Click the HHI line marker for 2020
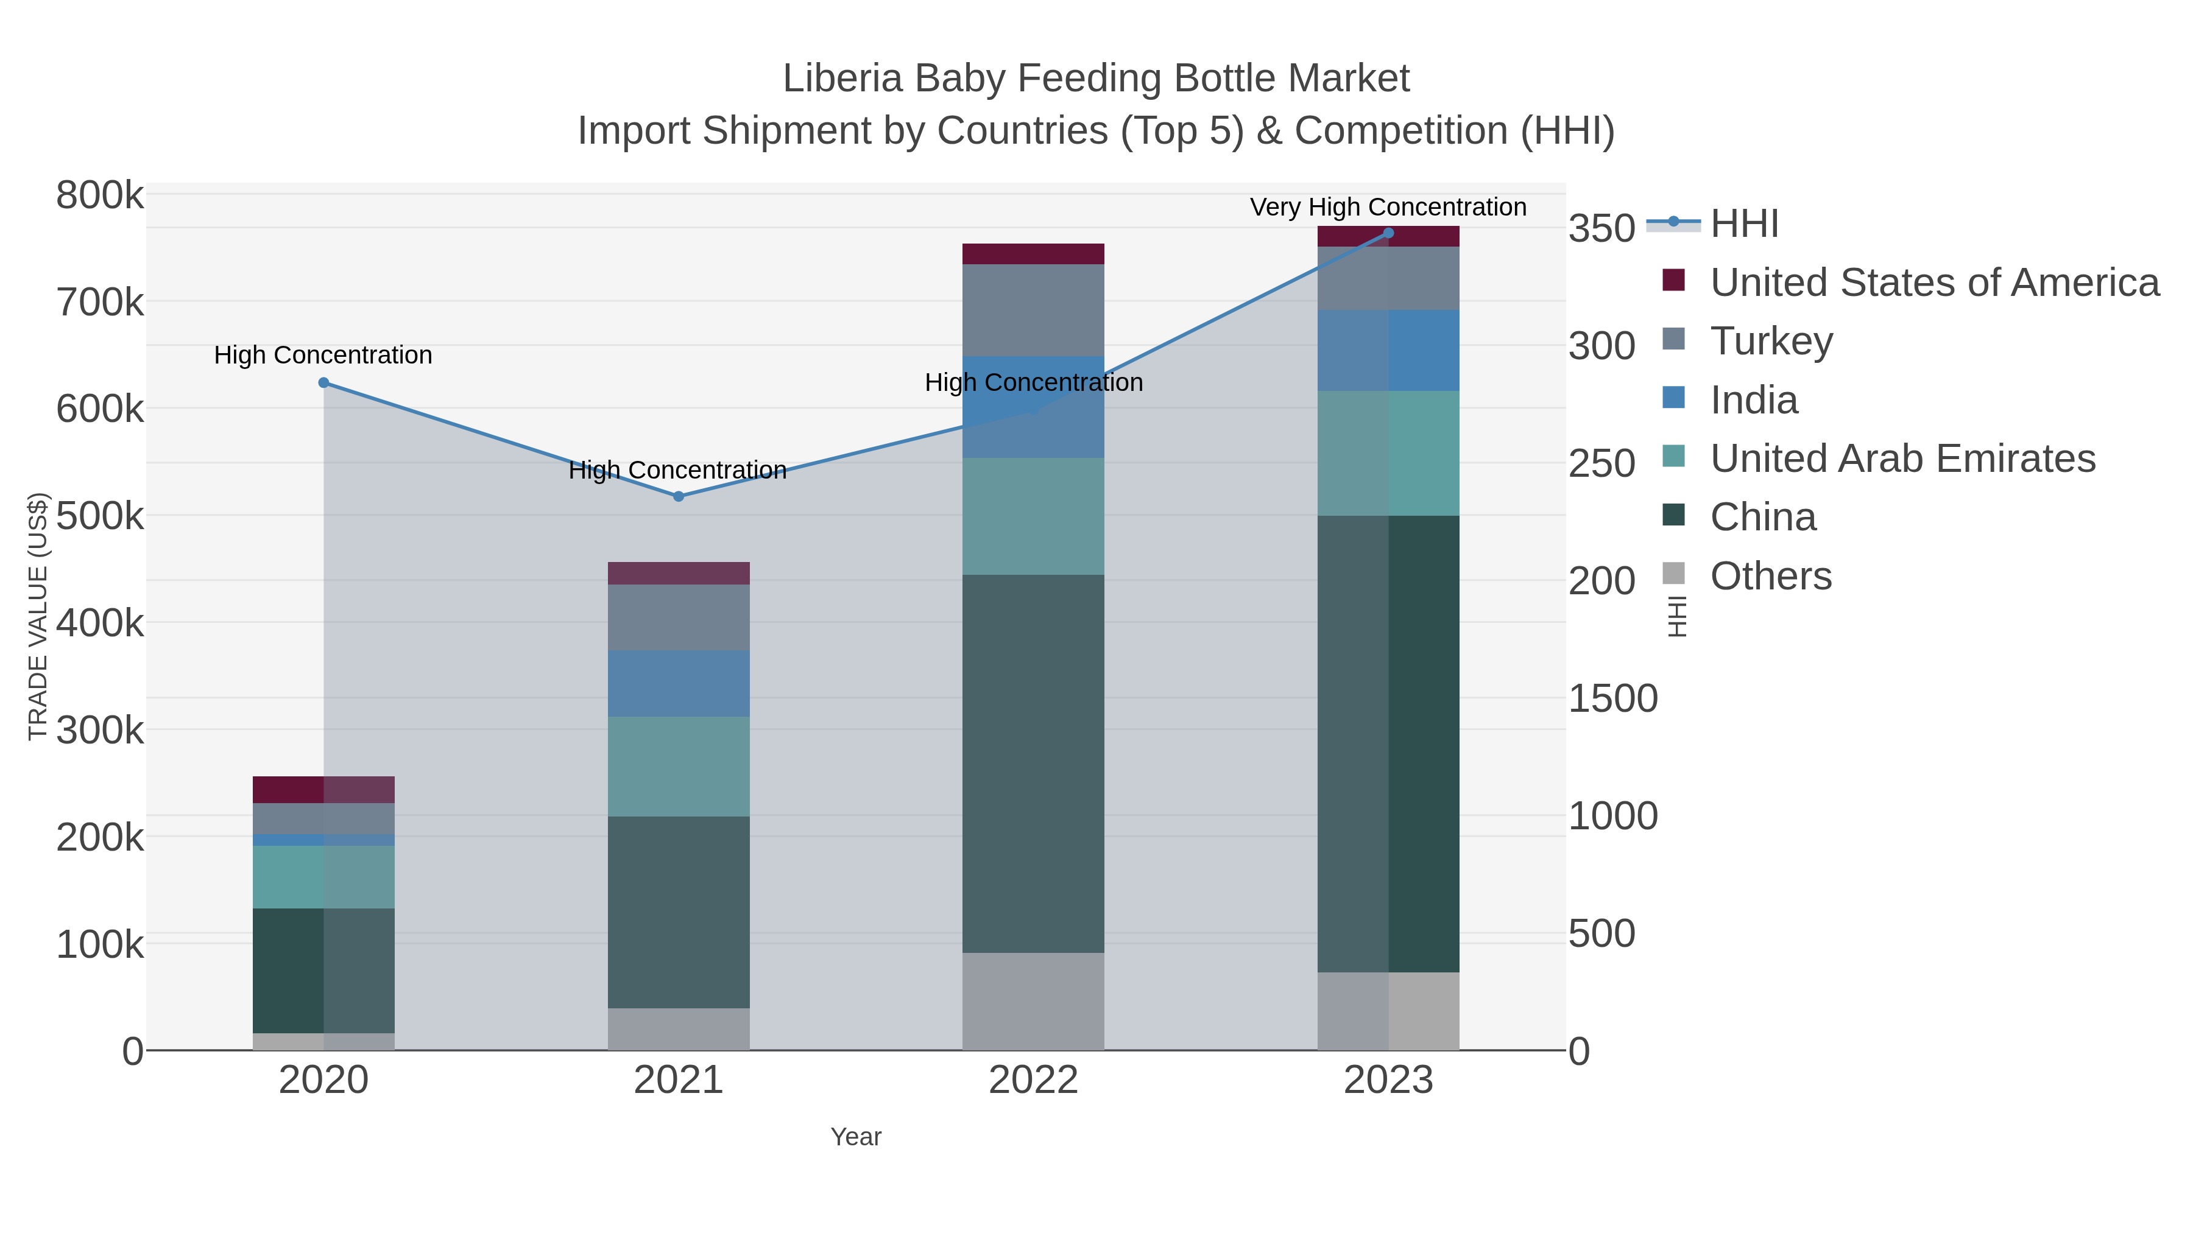click(x=323, y=383)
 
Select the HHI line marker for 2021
click(x=679, y=496)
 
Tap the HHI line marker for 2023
click(x=1388, y=233)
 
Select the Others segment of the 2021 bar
click(x=679, y=1029)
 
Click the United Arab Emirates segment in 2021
click(x=679, y=766)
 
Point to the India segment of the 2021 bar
click(x=679, y=683)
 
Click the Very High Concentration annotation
click(x=1388, y=207)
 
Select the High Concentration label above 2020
click(x=323, y=355)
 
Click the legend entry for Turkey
click(x=1771, y=340)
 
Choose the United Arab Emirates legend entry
click(x=1902, y=458)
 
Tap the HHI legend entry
click(x=1743, y=223)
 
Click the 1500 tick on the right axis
click(x=1612, y=698)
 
